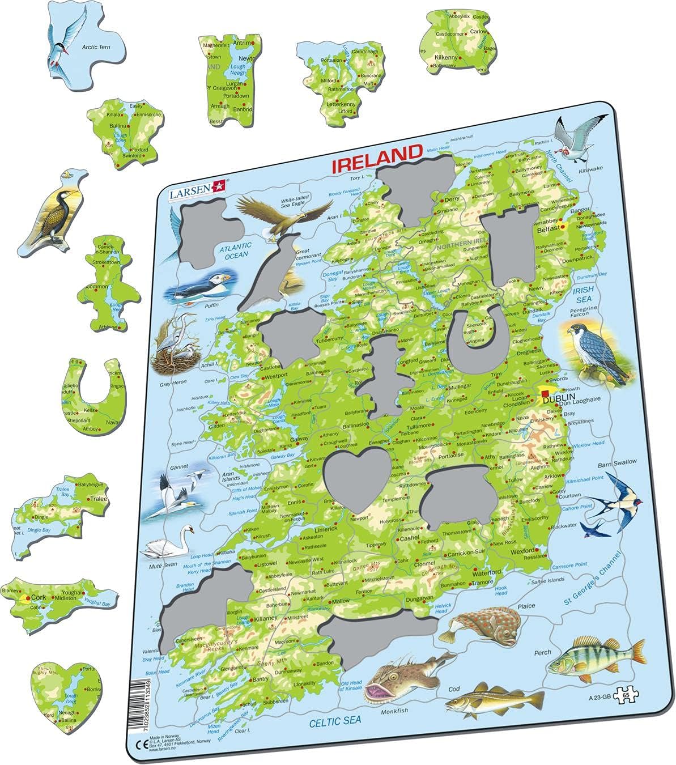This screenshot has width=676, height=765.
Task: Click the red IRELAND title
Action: pyautogui.click(x=376, y=154)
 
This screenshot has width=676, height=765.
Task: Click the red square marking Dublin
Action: pyautogui.click(x=545, y=393)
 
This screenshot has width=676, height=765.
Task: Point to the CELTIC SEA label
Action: pyautogui.click(x=335, y=721)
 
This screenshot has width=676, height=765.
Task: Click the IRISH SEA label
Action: pyautogui.click(x=584, y=294)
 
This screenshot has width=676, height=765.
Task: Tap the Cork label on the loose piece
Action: pyautogui.click(x=39, y=597)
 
